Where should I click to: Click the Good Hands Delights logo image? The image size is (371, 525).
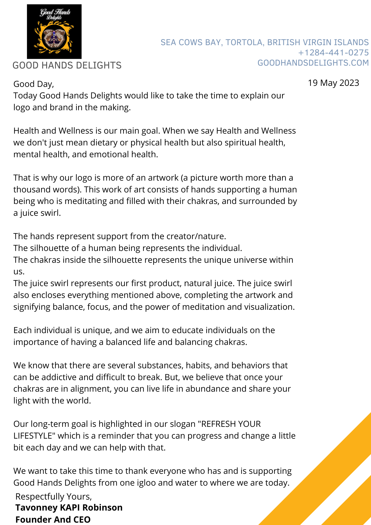pyautogui.click(x=54, y=31)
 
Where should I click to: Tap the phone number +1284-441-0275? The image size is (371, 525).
pyautogui.click(x=333, y=53)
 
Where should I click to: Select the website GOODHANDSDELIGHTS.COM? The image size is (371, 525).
pyautogui.click(x=313, y=63)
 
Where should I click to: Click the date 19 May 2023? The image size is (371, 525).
pyautogui.click(x=333, y=83)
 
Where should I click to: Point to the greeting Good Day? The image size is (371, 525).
pyautogui.click(x=34, y=84)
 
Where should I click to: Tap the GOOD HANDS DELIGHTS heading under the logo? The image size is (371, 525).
pyautogui.click(x=67, y=65)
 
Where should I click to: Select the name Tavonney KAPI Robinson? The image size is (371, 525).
pyautogui.click(x=69, y=507)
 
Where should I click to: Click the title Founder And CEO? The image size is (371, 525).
pyautogui.click(x=53, y=519)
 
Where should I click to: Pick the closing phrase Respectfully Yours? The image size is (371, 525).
pyautogui.click(x=54, y=496)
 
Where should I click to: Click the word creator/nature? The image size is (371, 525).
pyautogui.click(x=196, y=236)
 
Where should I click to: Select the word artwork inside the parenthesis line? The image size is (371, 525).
pyautogui.click(x=163, y=178)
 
